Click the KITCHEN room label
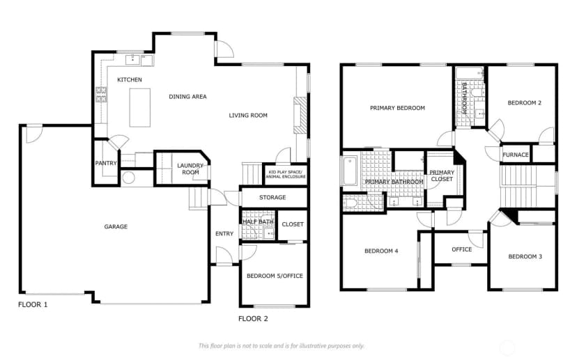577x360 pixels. (130, 80)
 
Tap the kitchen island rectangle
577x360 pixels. (140, 108)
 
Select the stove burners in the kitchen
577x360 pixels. (101, 95)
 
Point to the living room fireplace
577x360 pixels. (300, 115)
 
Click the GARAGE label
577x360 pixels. (116, 227)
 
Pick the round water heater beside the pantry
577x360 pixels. (129, 178)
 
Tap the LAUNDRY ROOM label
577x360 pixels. (190, 169)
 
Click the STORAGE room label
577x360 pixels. (272, 198)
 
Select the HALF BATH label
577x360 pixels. (258, 221)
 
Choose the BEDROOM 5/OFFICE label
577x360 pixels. (275, 276)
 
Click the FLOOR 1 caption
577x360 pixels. (33, 304)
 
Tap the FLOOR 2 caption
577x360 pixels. (253, 319)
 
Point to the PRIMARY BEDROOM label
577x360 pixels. (397, 108)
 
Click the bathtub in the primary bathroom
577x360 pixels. (350, 171)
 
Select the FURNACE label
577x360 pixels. (516, 155)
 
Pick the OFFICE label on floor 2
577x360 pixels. (462, 249)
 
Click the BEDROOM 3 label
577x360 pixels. (525, 257)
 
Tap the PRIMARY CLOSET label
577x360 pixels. (442, 175)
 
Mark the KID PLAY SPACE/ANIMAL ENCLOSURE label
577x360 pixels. (286, 174)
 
